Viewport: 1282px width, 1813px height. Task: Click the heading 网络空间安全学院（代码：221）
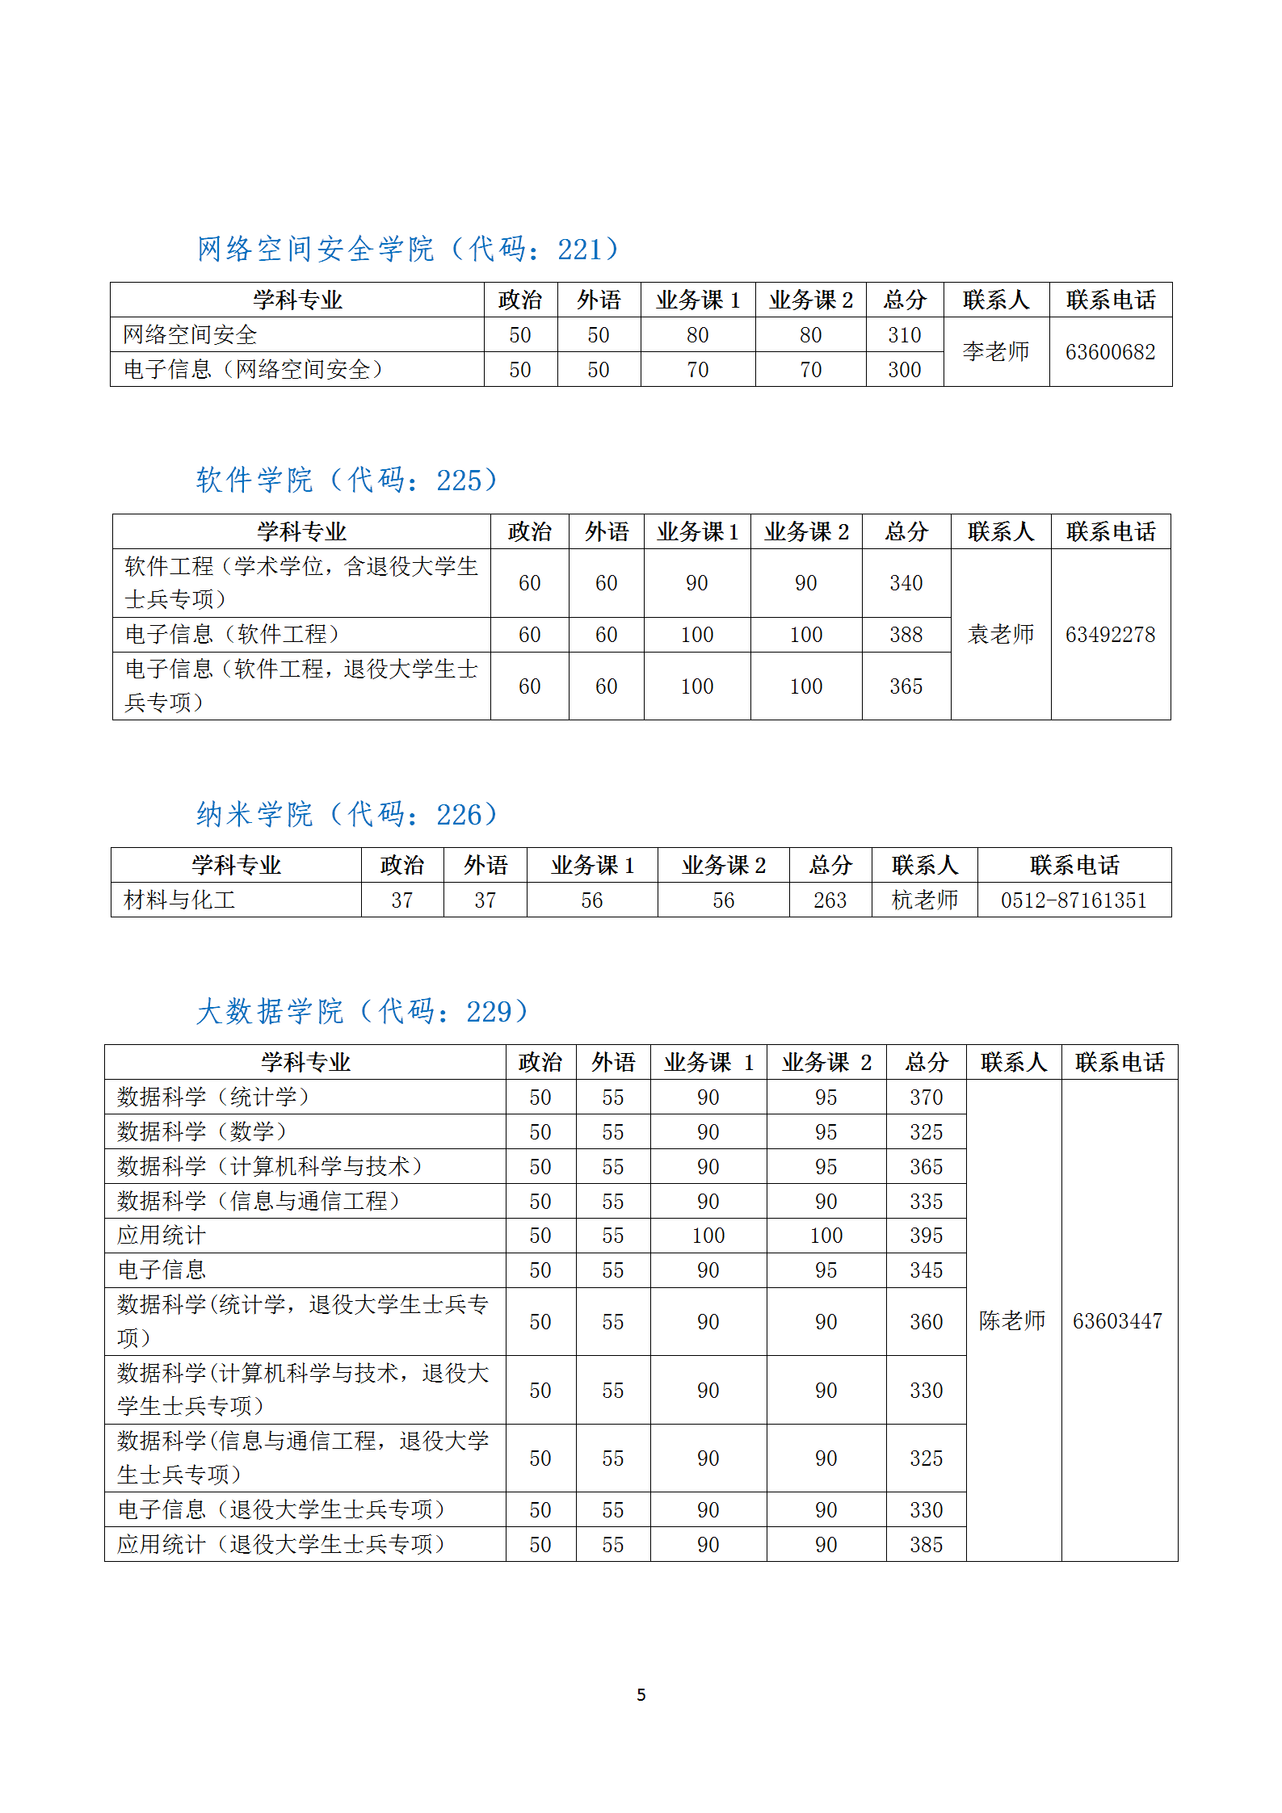point(408,249)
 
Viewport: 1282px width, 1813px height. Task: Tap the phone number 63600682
point(1110,352)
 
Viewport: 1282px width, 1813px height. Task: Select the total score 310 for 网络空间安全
point(904,335)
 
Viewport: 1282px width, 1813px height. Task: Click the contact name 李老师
point(996,351)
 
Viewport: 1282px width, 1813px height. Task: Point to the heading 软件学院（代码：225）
point(347,481)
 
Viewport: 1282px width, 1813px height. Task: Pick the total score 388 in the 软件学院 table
point(906,635)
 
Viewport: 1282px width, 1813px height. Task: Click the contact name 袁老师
point(1001,635)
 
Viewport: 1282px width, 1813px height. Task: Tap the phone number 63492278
point(1110,635)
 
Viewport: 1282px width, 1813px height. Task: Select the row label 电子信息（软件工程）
point(232,635)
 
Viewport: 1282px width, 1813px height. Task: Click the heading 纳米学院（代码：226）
point(347,815)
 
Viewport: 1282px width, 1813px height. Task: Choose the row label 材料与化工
point(179,900)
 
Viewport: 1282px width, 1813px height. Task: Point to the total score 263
point(830,900)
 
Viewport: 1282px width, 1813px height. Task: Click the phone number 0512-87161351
point(1074,900)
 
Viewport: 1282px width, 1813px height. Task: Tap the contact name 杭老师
point(924,900)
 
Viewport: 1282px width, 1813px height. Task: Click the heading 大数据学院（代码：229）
point(363,1012)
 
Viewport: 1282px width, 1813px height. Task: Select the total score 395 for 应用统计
point(926,1236)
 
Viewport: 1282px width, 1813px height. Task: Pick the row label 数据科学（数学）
point(202,1132)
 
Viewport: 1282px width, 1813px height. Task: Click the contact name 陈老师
point(1012,1321)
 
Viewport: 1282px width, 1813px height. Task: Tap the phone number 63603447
point(1117,1321)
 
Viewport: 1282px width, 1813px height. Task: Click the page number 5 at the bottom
point(641,1695)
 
